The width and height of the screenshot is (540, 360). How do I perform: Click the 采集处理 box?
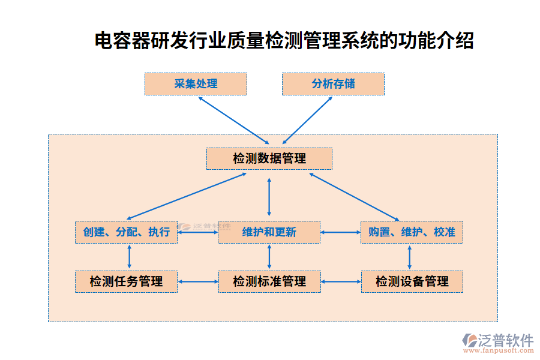(196, 84)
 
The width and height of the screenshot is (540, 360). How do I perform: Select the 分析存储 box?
(333, 84)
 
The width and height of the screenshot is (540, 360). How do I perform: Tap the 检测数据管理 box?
(269, 159)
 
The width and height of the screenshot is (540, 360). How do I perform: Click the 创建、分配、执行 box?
(126, 232)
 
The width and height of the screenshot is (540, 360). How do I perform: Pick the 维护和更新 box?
(269, 232)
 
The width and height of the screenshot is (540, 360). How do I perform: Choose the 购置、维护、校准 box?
(412, 232)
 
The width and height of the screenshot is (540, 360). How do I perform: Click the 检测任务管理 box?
(126, 281)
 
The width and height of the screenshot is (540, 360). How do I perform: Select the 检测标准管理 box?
(269, 281)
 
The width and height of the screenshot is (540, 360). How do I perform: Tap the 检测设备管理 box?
(412, 281)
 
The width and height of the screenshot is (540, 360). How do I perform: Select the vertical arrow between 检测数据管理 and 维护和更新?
(269, 195)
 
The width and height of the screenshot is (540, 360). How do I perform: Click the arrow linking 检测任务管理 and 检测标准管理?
(197, 281)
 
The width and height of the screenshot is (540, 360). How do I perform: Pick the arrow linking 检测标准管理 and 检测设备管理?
(340, 281)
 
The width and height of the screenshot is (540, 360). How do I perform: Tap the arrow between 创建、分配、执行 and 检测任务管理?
(129, 257)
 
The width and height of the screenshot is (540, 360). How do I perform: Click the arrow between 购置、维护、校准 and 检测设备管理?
(410, 257)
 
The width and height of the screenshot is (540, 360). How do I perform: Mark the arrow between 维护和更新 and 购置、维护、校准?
(340, 232)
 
